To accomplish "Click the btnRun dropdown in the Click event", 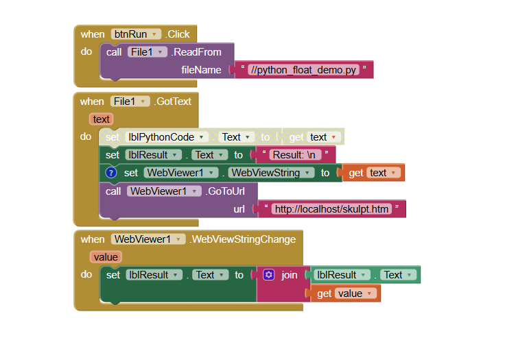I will click(136, 34).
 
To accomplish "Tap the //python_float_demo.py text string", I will click(304, 70).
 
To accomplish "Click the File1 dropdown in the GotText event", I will click(131, 101).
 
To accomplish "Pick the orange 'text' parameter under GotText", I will click(102, 119).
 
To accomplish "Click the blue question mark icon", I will click(111, 173).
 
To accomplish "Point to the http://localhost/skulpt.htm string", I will click(331, 209).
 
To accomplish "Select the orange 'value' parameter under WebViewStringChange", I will click(106, 257).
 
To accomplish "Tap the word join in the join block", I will click(290, 275).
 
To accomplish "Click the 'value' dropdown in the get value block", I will click(355, 293).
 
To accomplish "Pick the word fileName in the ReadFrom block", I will click(201, 70).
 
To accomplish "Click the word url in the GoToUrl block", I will click(239, 209).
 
